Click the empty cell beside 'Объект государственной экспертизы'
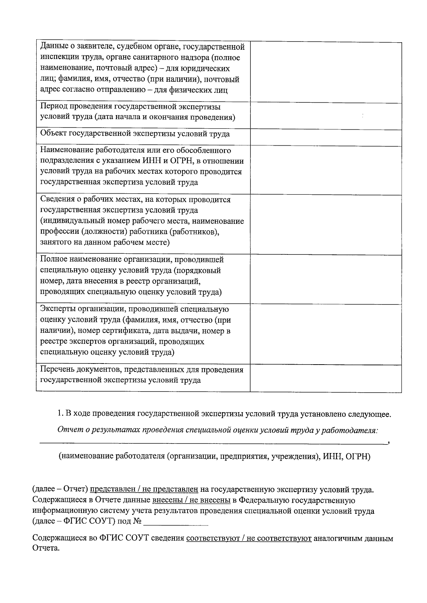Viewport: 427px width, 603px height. pos(326,137)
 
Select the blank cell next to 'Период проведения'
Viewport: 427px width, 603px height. pos(326,116)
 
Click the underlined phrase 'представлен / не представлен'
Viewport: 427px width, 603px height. pos(144,489)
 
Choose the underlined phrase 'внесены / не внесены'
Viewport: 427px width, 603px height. pos(191,500)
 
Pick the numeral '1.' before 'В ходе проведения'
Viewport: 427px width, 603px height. pos(60,414)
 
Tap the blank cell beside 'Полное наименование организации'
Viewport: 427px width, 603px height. pos(326,279)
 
